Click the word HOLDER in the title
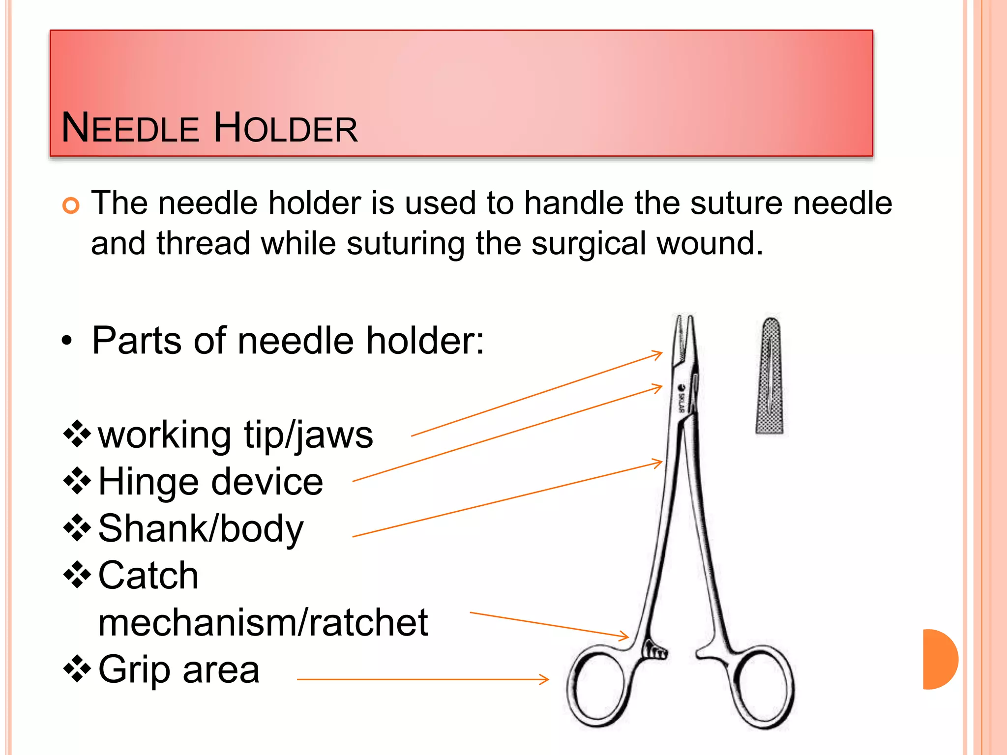286,128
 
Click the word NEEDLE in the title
130,128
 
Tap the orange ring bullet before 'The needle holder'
71,205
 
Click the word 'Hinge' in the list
148,482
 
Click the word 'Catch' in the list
148,576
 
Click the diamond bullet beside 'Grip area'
77,669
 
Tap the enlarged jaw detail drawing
770,376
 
